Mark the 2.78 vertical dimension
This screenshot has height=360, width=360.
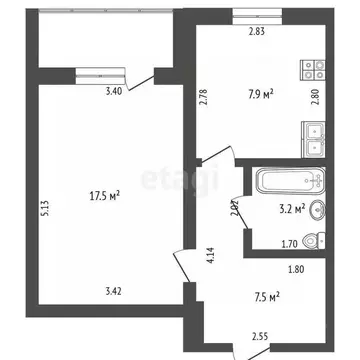[202, 97]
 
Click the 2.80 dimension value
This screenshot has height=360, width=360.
[314, 97]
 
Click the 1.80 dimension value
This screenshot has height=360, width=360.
[295, 267]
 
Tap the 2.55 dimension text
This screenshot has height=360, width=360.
[260, 337]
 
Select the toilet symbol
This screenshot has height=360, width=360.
[313, 240]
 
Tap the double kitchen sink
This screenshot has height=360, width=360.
[314, 138]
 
